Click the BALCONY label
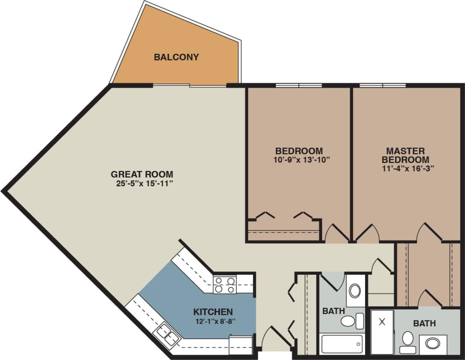click(176, 57)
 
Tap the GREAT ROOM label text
click(142, 174)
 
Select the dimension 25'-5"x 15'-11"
click(142, 184)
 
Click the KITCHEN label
click(213, 311)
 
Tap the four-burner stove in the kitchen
click(225, 285)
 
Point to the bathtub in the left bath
click(342, 343)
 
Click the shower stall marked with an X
click(382, 332)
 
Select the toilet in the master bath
click(408, 341)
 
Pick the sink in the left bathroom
click(355, 291)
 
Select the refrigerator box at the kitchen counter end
click(240, 343)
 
